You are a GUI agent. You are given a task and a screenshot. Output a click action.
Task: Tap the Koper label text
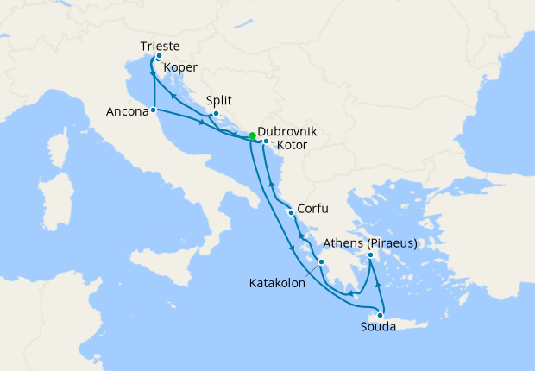[180, 67]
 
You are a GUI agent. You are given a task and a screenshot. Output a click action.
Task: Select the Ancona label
[127, 110]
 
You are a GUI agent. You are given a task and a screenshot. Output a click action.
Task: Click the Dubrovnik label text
[287, 131]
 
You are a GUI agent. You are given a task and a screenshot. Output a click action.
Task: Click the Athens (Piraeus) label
[368, 243]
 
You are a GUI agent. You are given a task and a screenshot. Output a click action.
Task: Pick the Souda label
[379, 327]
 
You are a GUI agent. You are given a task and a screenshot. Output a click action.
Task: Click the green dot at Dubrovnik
[252, 136]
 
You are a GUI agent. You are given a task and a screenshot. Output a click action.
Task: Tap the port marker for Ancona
[153, 110]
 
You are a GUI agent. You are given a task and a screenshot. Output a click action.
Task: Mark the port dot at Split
[216, 114]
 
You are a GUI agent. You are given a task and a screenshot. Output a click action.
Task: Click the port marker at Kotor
[266, 141]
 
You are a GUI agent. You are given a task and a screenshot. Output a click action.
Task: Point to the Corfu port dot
[293, 212]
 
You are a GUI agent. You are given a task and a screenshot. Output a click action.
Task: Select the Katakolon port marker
[321, 261]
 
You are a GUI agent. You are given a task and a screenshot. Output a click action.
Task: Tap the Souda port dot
[380, 315]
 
